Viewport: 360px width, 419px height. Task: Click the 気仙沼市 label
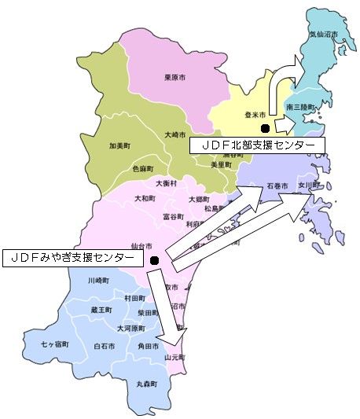322,35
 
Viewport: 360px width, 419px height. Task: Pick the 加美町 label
120,145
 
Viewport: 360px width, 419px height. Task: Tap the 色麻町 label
142,167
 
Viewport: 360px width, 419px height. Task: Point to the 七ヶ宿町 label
55,344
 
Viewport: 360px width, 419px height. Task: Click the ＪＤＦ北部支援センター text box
257,146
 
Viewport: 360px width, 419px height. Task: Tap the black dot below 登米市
266,128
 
